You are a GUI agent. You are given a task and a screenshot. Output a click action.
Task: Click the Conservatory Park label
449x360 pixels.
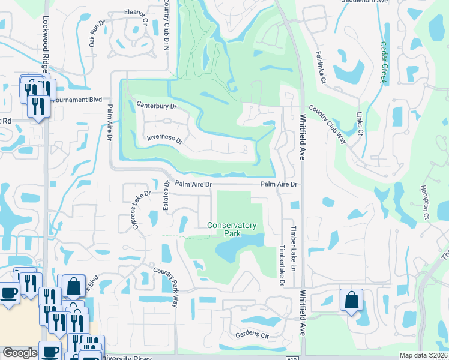click(x=232, y=229)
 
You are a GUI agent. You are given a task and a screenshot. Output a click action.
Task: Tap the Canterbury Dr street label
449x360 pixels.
click(x=157, y=106)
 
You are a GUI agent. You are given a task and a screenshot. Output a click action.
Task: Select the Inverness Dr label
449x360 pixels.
click(x=164, y=139)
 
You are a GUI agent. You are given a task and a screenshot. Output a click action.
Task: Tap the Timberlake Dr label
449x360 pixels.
click(x=280, y=262)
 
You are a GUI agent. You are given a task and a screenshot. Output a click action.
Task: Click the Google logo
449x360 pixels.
click(x=20, y=353)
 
